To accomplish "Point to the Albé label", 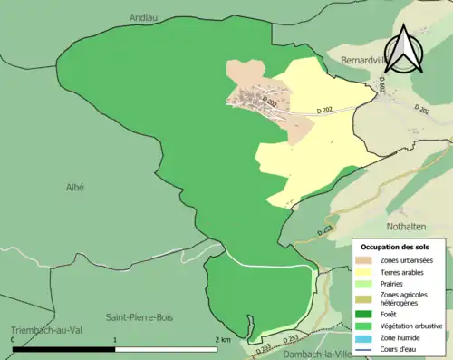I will click(74, 187).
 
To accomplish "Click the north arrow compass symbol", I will click(405, 49).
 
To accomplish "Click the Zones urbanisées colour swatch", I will click(365, 261).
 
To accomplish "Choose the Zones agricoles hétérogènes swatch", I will click(365, 297).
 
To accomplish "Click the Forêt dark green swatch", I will click(365, 313).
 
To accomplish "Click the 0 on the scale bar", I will click(13, 339).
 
